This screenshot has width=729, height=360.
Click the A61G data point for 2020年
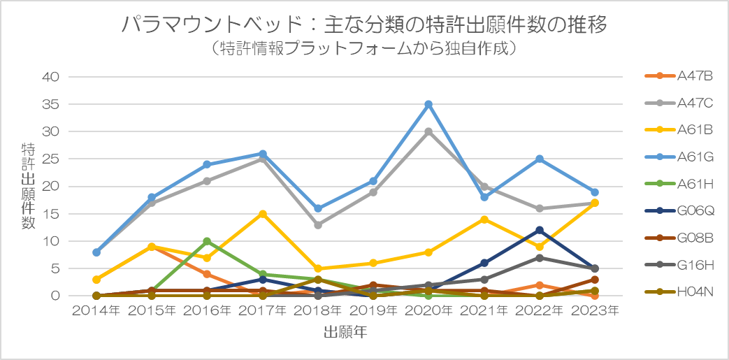(x=428, y=104)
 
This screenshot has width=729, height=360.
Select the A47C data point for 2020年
(x=428, y=131)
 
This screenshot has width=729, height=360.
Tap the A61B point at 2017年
(x=262, y=214)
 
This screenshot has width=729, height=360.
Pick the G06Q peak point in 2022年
(x=540, y=230)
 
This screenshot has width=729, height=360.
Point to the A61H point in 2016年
(x=207, y=241)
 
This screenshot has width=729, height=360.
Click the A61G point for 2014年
(x=96, y=252)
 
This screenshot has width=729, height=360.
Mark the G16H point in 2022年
(x=540, y=258)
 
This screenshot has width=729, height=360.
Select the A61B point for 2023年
(x=595, y=203)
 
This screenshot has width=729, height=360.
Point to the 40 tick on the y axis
(x=52, y=77)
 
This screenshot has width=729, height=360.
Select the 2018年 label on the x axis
(x=317, y=311)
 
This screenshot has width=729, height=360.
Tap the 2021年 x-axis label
(x=484, y=311)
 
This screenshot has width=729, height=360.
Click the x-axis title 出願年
(x=346, y=332)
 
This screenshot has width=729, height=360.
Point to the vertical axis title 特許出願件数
(x=28, y=186)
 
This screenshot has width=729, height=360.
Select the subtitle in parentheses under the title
(x=364, y=49)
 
